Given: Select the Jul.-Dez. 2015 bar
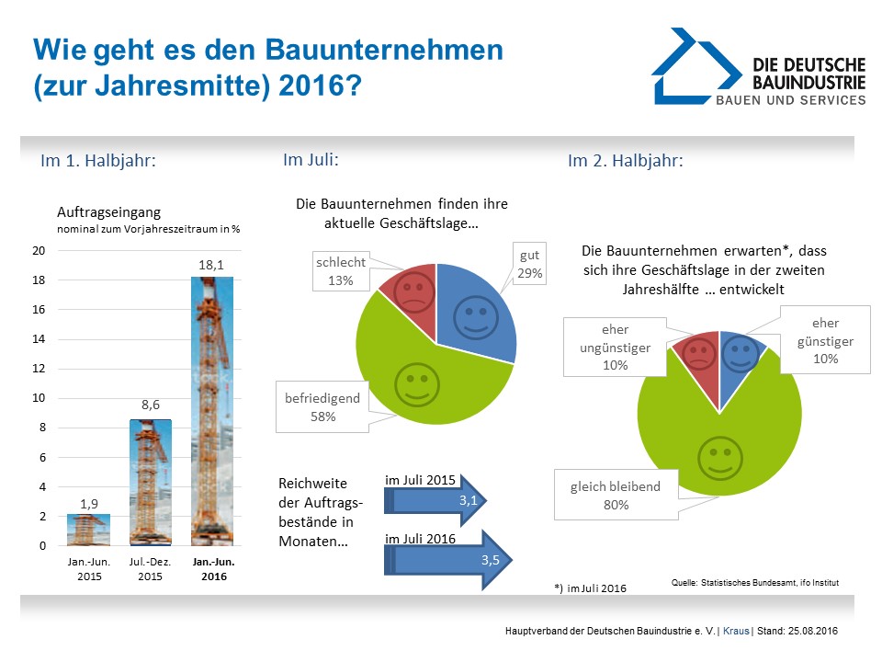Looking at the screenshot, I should pyautogui.click(x=150, y=482).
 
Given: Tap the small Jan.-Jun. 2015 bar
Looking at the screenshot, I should pyautogui.click(x=89, y=531).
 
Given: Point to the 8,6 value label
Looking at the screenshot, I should pyautogui.click(x=151, y=403).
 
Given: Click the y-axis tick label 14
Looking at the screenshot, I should pyautogui.click(x=40, y=339).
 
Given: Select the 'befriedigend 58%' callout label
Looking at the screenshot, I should pyautogui.click(x=322, y=407).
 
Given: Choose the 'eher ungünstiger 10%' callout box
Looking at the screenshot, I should pyautogui.click(x=615, y=347).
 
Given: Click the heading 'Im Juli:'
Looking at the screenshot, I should pyautogui.click(x=311, y=160).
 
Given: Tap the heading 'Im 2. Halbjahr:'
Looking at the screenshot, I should pyautogui.click(x=625, y=161).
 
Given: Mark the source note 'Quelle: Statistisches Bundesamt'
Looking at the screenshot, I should pyautogui.click(x=756, y=583).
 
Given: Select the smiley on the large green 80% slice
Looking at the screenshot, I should pyautogui.click(x=718, y=456).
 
